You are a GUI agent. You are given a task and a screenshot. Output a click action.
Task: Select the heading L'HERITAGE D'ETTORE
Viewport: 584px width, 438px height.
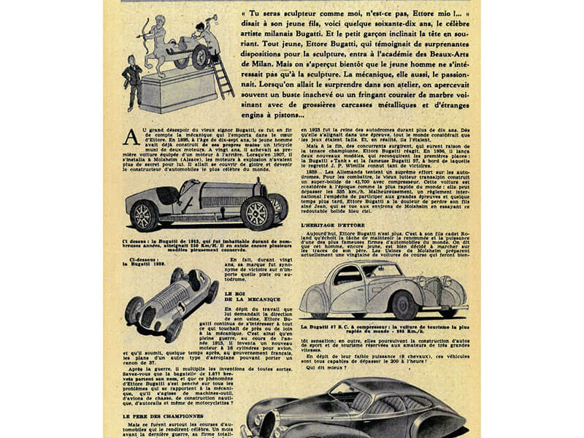[333, 226]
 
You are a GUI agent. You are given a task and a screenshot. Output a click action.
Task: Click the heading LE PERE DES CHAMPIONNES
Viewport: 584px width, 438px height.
[161, 415]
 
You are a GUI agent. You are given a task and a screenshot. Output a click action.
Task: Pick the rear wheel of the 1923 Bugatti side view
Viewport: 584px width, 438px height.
[144, 215]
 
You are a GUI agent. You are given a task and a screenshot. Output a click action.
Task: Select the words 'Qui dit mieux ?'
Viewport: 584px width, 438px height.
[325, 366]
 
